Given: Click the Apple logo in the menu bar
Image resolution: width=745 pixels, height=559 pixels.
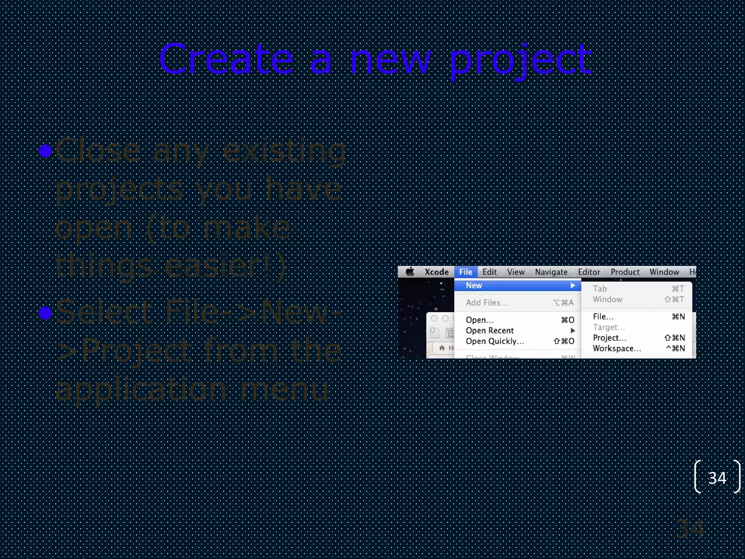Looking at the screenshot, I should tap(410, 272).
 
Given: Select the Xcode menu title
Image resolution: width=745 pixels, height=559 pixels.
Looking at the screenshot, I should tap(436, 272).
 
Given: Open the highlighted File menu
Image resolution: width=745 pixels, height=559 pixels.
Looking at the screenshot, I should tap(465, 272).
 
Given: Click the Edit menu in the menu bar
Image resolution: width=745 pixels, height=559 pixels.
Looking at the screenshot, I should tap(489, 272).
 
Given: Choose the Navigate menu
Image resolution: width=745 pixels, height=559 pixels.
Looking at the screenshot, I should tap(551, 272).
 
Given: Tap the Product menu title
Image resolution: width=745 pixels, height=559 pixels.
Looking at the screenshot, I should tap(625, 272).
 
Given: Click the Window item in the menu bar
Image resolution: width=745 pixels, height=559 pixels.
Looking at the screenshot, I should tap(664, 272).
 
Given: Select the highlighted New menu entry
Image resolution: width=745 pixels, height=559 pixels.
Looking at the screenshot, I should tap(474, 286).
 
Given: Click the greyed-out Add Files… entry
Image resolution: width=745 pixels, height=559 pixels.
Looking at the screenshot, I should tap(487, 303).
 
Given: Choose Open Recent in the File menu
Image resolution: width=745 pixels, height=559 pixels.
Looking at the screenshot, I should tap(490, 330).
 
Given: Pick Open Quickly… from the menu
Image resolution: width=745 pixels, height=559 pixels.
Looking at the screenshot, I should tap(494, 341).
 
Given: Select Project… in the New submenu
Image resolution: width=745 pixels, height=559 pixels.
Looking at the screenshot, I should tap(609, 338).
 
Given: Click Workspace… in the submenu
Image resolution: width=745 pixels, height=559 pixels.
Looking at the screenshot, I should tap(617, 348).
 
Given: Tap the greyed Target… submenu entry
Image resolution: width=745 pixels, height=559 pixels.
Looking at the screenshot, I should tap(609, 327).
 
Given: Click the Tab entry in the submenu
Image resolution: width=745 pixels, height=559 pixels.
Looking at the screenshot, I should tap(600, 289).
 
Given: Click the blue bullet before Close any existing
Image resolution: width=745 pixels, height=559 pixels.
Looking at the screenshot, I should tap(45, 151).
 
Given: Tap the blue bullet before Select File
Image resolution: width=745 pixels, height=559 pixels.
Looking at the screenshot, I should tap(45, 313).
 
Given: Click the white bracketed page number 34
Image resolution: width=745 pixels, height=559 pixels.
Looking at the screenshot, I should tap(717, 478).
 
